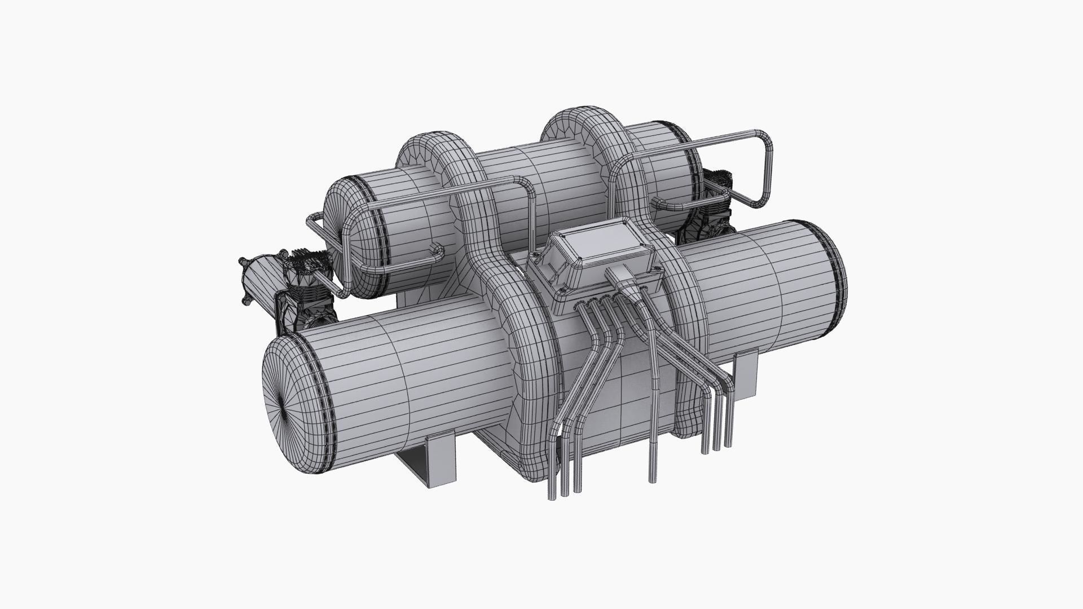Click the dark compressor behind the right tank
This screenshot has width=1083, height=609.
pyautogui.click(x=711, y=209)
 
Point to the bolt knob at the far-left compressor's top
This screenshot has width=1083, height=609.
pyautogui.click(x=243, y=261)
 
